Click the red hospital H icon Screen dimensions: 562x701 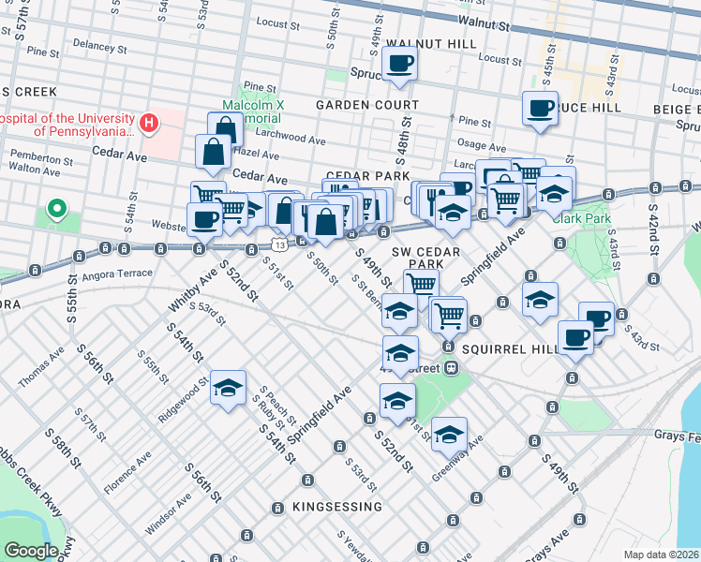pyautogui.click(x=147, y=123)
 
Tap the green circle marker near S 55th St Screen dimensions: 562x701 pyautogui.click(x=56, y=208)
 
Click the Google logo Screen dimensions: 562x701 pyautogui.click(x=31, y=550)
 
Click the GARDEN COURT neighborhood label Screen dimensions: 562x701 pyautogui.click(x=367, y=104)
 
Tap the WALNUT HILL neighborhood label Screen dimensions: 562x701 pyautogui.click(x=418, y=43)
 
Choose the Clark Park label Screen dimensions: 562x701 pyautogui.click(x=581, y=218)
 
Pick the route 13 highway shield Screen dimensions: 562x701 pyautogui.click(x=279, y=244)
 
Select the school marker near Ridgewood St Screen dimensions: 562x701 pyautogui.click(x=228, y=390)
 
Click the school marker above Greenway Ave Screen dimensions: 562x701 pyautogui.click(x=450, y=433)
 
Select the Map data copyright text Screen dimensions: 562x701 pyautogui.click(x=661, y=554)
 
